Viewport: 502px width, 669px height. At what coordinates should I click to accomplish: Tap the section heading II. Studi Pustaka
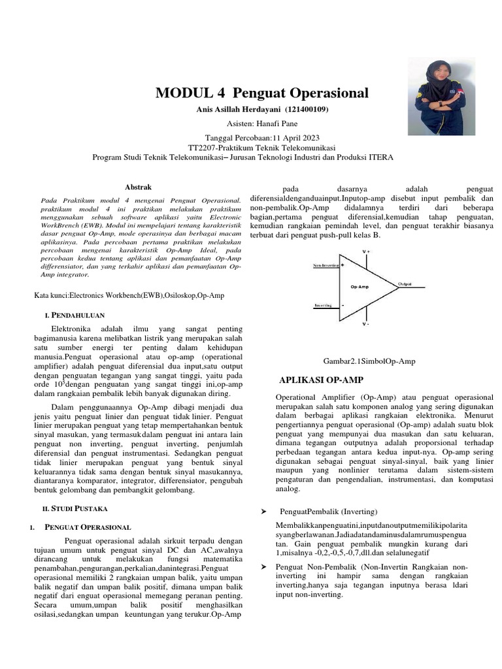click(81, 508)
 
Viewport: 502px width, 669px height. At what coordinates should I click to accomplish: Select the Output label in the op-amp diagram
click(405, 284)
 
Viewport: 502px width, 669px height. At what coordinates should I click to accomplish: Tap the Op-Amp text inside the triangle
click(360, 287)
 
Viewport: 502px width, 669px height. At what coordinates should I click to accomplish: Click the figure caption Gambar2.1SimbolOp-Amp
click(369, 361)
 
